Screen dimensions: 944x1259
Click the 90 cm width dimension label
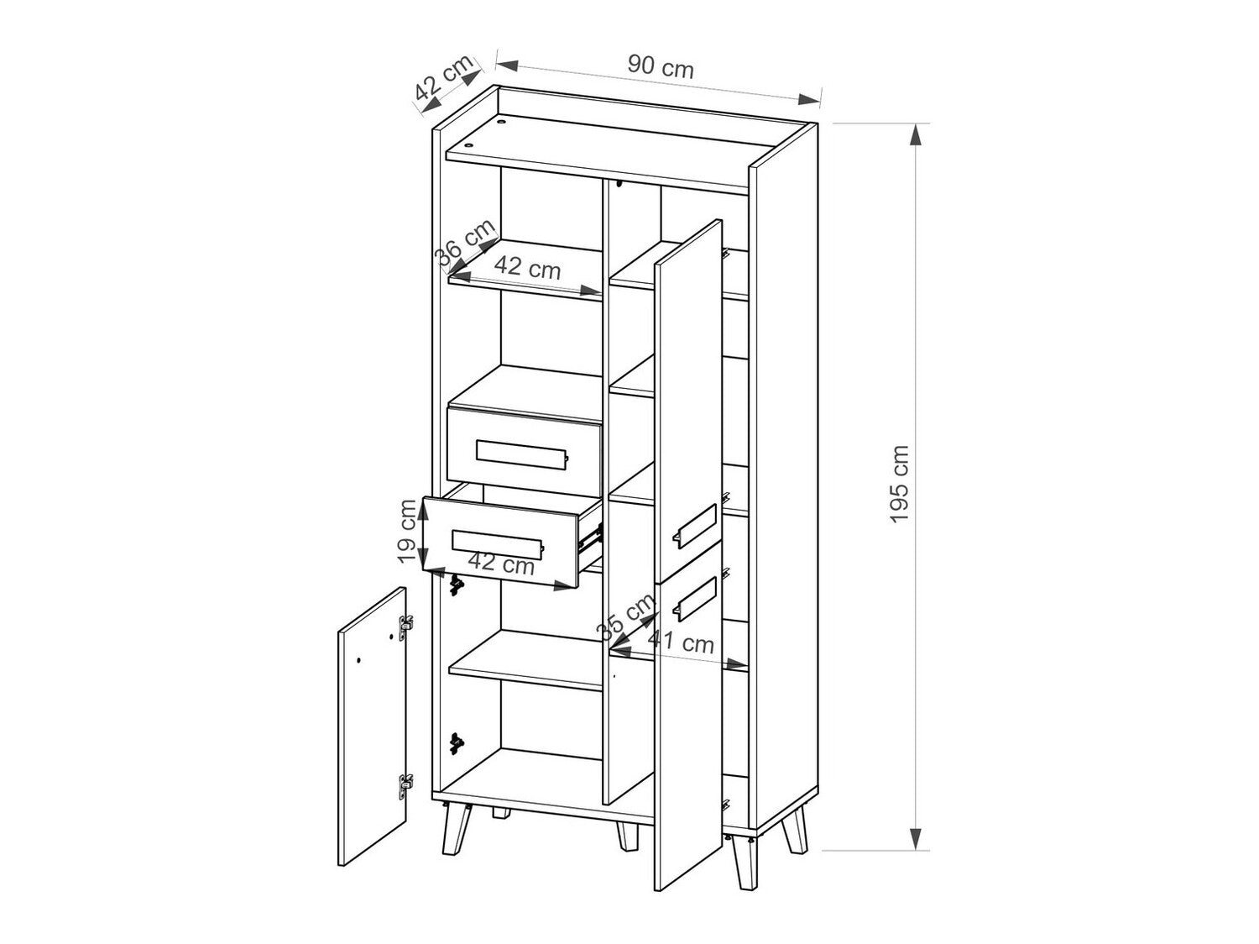pos(661,66)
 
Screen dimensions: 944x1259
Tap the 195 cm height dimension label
pos(900,485)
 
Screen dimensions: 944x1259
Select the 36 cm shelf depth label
pos(464,244)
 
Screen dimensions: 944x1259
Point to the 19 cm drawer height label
pos(407,531)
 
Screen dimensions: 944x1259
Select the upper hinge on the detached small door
pos(406,623)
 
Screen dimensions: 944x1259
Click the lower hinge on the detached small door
pos(405,784)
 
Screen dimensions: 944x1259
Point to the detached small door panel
pos(372,726)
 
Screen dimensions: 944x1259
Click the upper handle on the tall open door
pos(693,525)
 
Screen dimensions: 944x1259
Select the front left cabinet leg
pos(454,830)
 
